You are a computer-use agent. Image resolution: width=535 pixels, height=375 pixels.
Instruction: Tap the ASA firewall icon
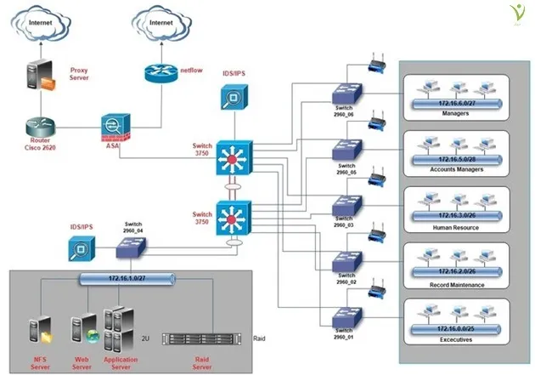(114, 128)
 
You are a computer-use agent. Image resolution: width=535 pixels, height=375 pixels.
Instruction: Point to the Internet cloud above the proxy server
(39, 26)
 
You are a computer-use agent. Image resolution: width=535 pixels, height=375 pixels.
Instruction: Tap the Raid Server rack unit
(197, 339)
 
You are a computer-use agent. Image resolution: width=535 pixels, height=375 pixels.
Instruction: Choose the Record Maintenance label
(459, 284)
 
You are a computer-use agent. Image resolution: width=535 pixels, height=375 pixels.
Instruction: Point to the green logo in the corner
(512, 16)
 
